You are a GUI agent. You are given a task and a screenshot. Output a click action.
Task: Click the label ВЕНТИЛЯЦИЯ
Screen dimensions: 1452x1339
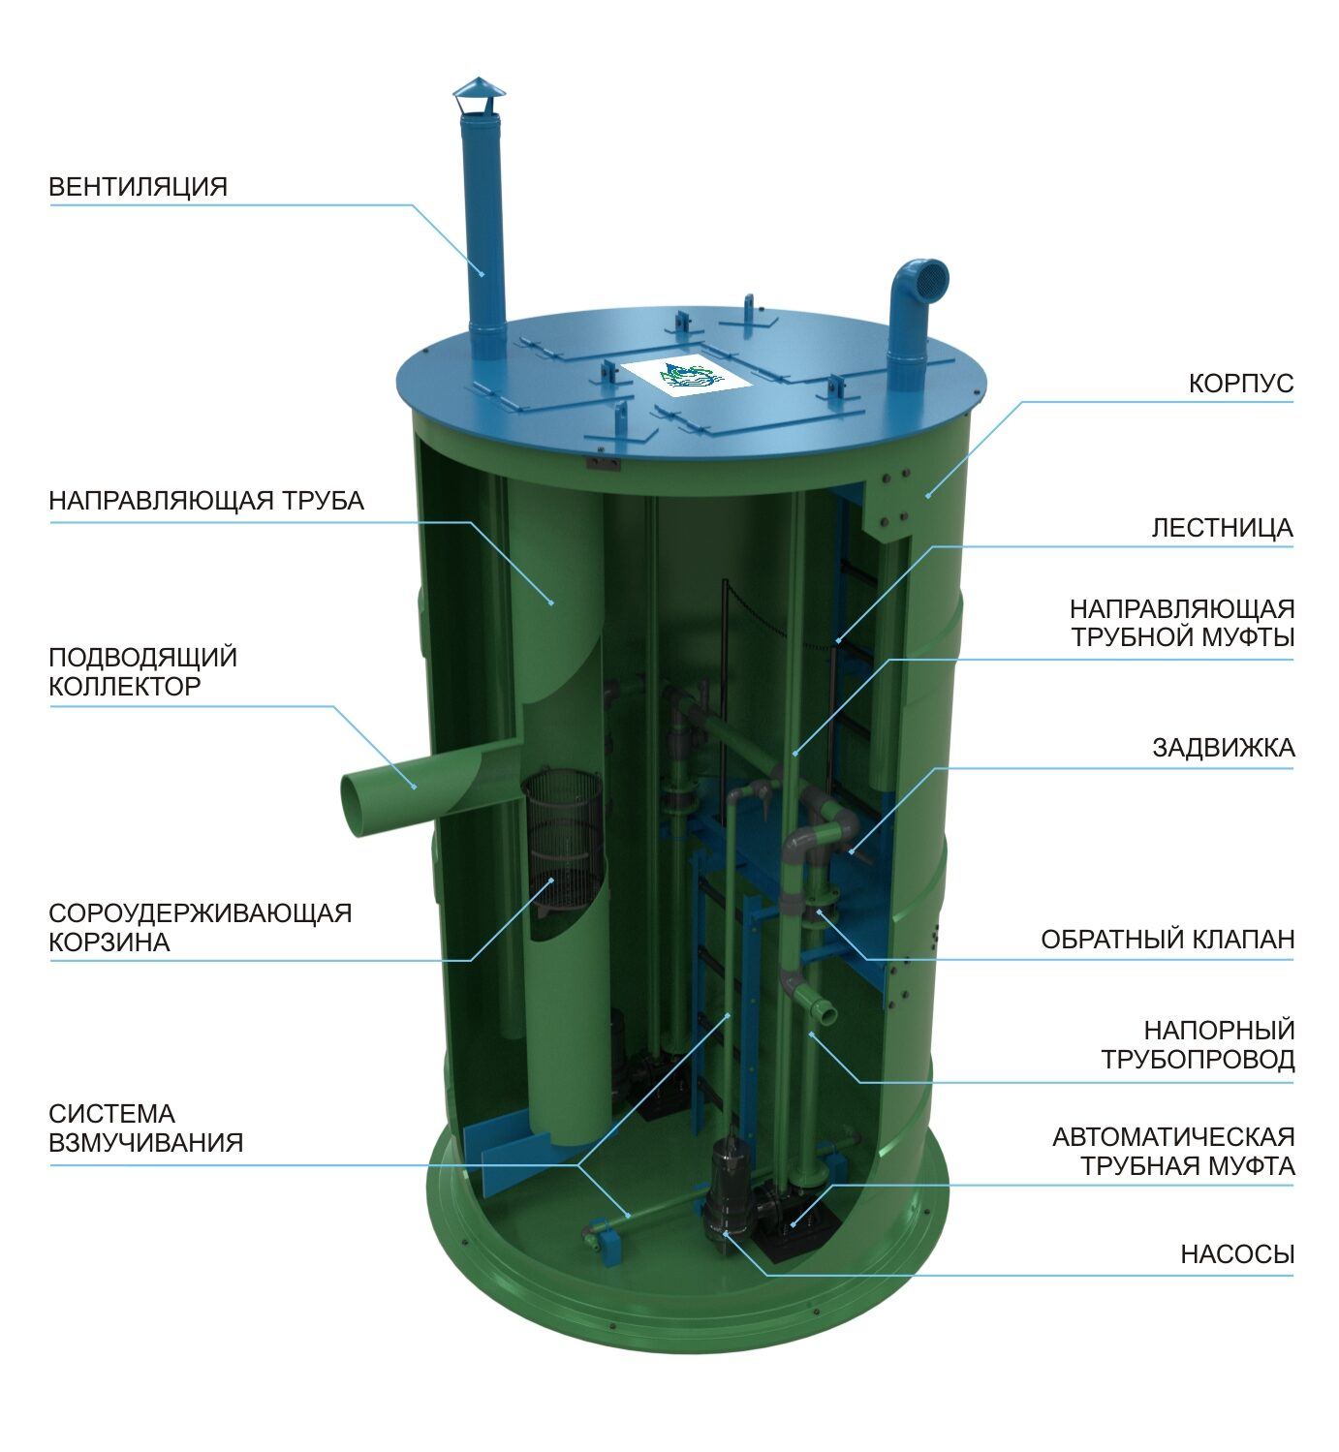138,186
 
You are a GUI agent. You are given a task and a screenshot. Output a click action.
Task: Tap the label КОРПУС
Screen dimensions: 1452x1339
1240,384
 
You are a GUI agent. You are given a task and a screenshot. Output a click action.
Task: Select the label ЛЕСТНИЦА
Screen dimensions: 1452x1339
1222,528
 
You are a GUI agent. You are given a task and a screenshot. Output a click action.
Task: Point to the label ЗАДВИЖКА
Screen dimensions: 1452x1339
1223,748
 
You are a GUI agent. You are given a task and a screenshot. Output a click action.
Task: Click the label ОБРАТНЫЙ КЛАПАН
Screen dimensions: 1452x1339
1168,939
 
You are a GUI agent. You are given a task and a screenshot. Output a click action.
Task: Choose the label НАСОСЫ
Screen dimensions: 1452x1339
1237,1254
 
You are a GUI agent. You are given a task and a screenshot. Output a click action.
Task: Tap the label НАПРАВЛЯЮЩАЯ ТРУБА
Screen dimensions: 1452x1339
206,501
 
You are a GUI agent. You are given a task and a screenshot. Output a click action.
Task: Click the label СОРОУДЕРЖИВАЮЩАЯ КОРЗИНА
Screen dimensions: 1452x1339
200,927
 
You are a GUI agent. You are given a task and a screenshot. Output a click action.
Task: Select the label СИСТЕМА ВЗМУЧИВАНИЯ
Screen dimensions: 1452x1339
145,1128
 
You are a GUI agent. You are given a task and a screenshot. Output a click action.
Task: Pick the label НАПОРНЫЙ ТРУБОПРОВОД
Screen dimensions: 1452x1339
1198,1044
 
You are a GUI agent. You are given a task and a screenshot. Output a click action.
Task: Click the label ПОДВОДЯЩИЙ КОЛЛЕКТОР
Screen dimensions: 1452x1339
142,671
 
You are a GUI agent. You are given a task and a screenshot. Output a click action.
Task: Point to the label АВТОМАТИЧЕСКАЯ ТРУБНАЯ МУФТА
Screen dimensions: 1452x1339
1173,1151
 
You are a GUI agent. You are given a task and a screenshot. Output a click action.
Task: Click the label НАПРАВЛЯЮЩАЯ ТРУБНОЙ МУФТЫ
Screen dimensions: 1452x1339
1182,623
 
